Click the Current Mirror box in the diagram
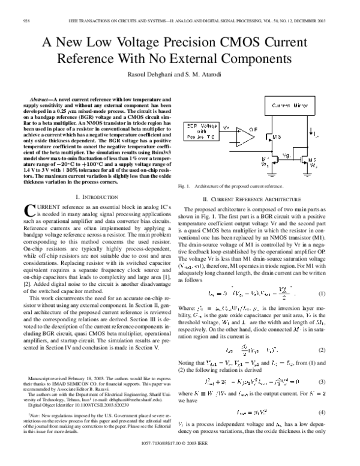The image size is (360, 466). tap(282, 104)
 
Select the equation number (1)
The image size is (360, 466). tap(329, 276)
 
